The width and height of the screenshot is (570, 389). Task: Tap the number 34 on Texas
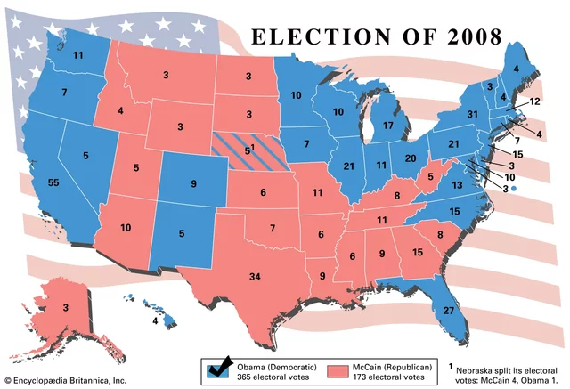click(255, 277)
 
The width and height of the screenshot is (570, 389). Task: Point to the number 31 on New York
click(474, 114)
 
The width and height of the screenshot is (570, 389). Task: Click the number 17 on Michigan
click(388, 126)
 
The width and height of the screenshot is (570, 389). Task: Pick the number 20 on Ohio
click(411, 158)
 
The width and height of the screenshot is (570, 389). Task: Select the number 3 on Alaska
click(65, 307)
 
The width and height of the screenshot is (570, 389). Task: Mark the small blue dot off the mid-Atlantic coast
click(515, 189)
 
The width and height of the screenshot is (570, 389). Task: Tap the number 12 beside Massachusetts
click(535, 101)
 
